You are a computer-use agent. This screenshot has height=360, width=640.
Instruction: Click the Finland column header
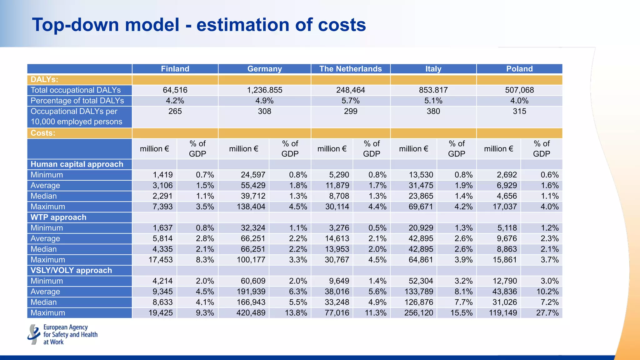click(x=175, y=69)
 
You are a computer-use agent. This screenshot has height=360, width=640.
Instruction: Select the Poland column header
click(x=519, y=69)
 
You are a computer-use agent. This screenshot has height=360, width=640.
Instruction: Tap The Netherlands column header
click(x=350, y=69)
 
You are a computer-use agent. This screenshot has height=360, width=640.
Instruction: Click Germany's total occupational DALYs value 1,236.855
click(x=264, y=90)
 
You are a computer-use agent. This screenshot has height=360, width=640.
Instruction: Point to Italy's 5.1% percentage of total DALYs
click(x=433, y=101)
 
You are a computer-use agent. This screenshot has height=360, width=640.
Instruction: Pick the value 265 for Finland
click(x=175, y=111)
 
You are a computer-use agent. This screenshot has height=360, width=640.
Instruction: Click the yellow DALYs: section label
click(x=44, y=79)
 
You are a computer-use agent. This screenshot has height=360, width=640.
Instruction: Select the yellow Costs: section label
click(x=43, y=133)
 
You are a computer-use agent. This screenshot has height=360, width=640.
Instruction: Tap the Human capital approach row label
click(x=77, y=164)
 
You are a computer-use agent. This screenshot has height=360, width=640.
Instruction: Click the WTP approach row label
click(x=58, y=217)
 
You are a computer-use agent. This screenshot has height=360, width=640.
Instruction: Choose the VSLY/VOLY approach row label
click(x=71, y=270)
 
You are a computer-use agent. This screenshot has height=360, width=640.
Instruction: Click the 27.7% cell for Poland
click(x=547, y=313)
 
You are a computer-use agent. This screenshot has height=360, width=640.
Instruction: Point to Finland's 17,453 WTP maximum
click(x=161, y=260)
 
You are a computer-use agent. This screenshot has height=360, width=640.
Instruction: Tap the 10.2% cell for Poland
click(x=547, y=292)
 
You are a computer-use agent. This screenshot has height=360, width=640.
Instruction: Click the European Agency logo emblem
click(x=34, y=334)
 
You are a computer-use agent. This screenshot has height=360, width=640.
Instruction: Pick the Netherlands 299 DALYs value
click(x=350, y=111)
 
